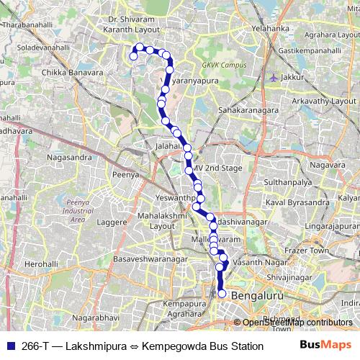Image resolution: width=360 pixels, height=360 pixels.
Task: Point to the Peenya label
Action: (125, 174)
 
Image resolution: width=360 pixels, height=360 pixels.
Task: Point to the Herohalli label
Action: (41, 265)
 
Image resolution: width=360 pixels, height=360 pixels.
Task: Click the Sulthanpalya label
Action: (284, 184)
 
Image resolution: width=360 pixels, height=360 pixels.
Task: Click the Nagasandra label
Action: (68, 156)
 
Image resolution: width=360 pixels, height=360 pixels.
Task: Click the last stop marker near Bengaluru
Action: (222, 293)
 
